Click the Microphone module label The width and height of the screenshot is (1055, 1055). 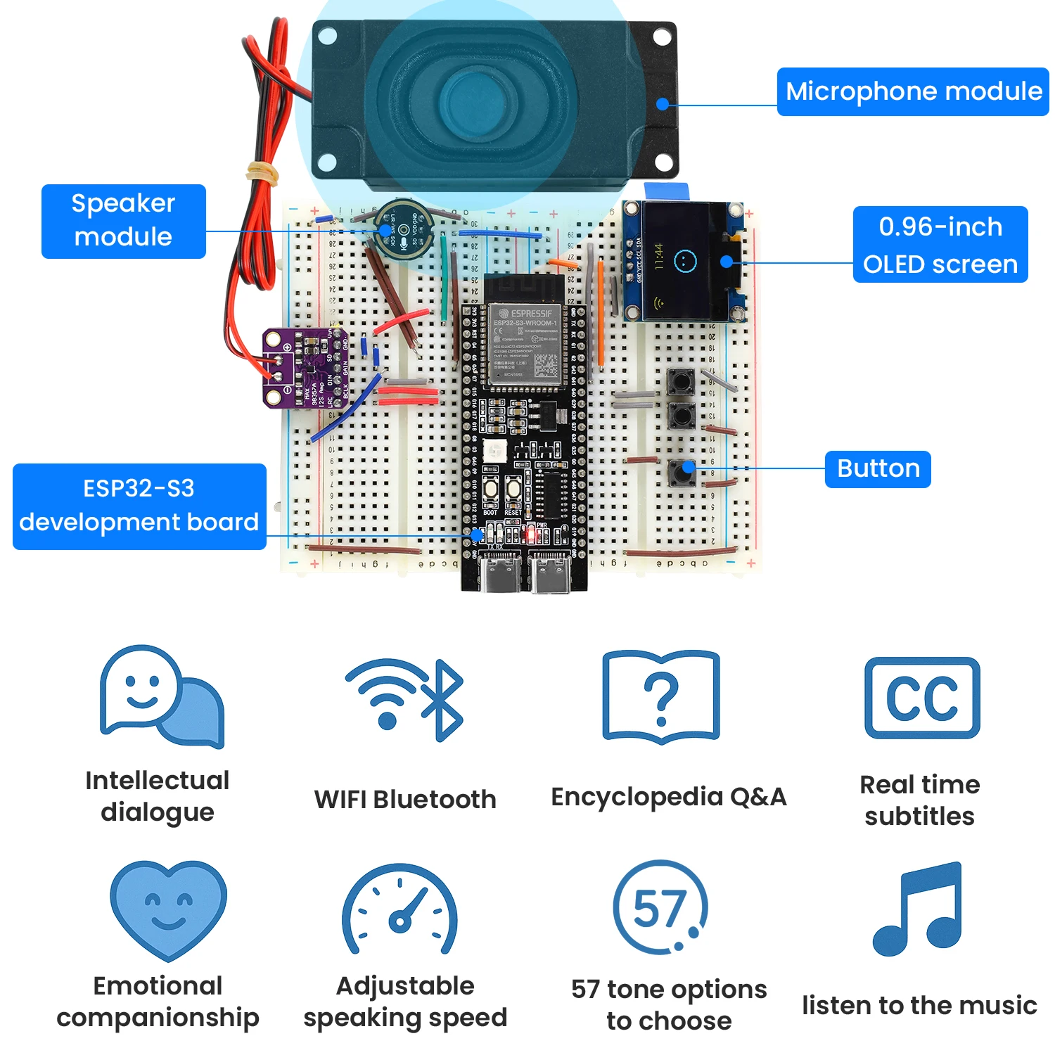912,91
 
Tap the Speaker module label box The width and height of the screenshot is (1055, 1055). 124,221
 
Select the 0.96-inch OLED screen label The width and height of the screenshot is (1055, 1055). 940,245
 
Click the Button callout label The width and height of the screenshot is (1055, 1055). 878,468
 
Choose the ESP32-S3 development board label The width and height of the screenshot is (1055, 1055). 139,506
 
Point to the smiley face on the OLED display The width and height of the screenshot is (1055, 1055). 684,261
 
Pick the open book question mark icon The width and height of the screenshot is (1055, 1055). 661,697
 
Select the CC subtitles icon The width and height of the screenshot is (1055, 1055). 922,698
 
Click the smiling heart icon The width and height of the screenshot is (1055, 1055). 168,908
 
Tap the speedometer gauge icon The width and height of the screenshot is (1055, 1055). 399,910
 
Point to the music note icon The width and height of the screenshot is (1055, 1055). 918,909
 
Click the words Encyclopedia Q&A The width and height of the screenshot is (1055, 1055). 668,797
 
